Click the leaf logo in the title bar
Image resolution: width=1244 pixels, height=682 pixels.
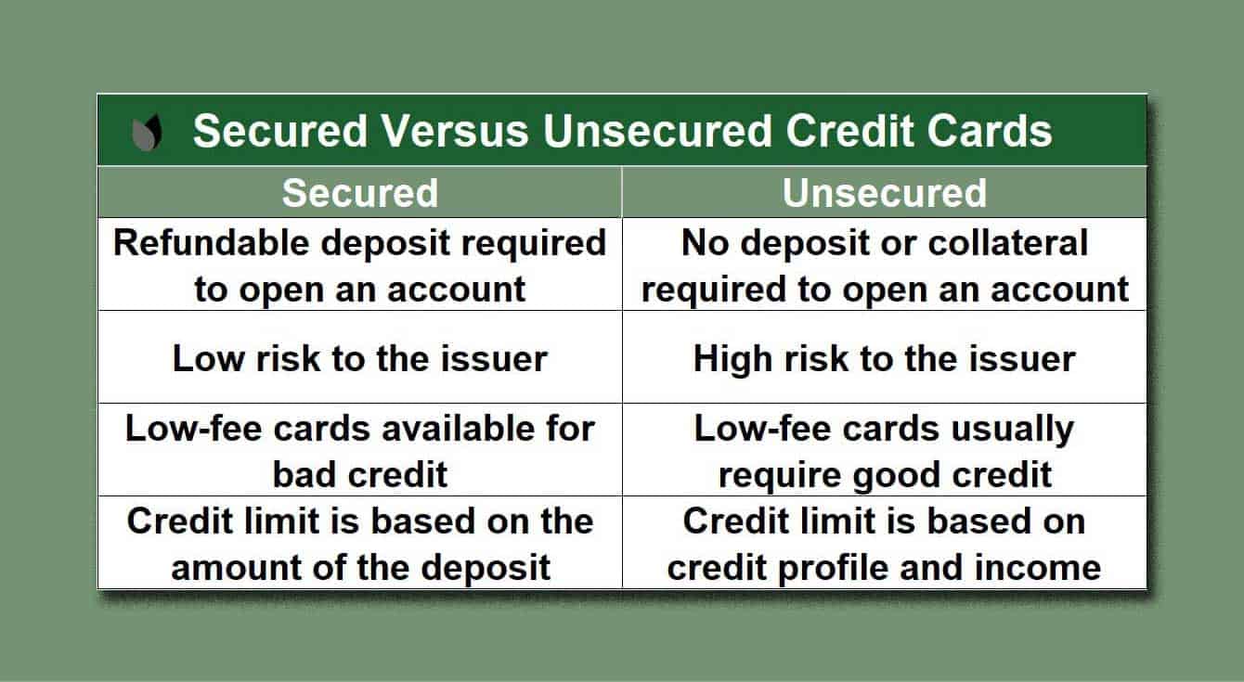pyautogui.click(x=147, y=133)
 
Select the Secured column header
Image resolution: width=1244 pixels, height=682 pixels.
pyautogui.click(x=359, y=193)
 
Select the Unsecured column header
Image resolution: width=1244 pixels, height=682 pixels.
pyautogui.click(x=884, y=193)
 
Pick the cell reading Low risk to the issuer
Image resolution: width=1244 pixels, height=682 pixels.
pyautogui.click(x=359, y=359)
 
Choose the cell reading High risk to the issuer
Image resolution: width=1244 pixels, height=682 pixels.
pyautogui.click(x=884, y=359)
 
